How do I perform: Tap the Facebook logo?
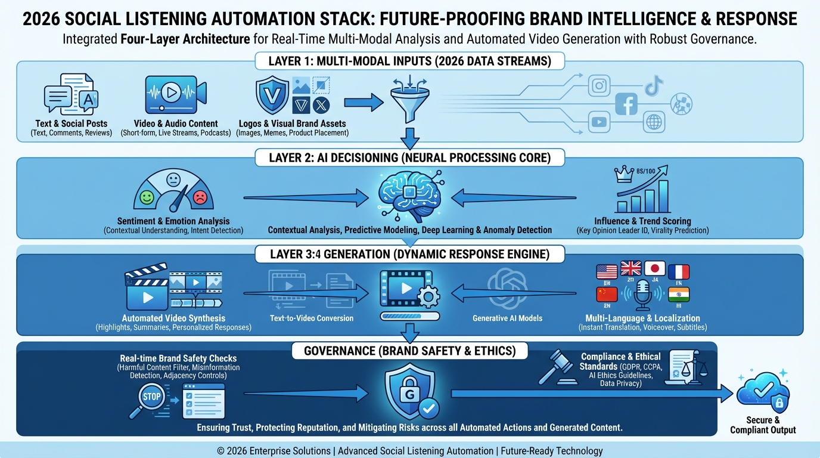(626, 104)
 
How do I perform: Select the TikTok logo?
(654, 85)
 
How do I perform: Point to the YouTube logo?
(599, 122)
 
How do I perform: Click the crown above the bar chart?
(624, 174)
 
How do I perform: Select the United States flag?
(607, 272)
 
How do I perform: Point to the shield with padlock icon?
(409, 391)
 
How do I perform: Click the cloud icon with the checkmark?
(763, 392)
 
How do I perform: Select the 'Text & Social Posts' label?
(72, 123)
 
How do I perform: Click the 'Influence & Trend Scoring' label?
(642, 221)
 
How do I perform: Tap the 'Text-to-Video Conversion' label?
(312, 318)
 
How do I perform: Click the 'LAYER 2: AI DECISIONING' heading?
(409, 158)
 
